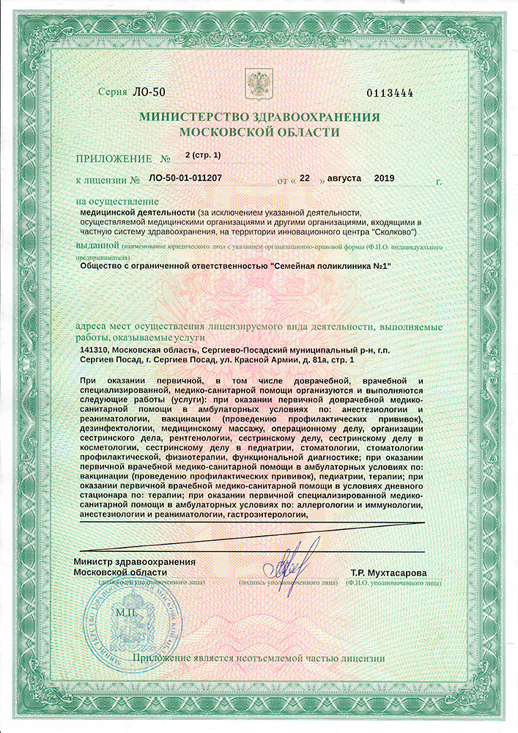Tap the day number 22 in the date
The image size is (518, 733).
click(x=306, y=178)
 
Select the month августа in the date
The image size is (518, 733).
click(x=339, y=178)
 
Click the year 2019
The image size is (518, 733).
click(x=384, y=178)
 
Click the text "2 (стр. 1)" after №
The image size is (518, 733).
click(x=203, y=155)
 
